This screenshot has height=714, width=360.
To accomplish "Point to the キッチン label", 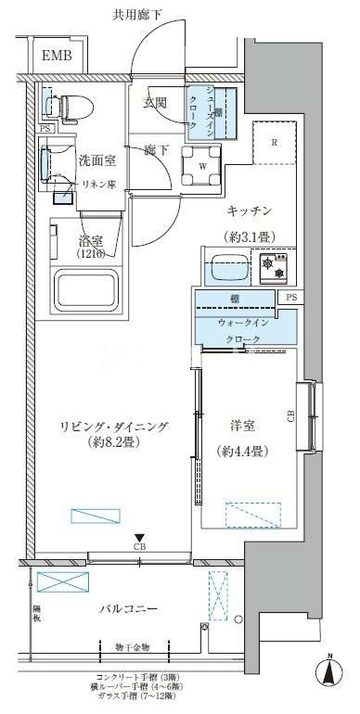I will pyautogui.click(x=249, y=212).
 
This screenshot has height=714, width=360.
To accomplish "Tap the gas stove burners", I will pyautogui.click(x=274, y=269).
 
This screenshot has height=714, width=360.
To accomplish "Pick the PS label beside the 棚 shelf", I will pyautogui.click(x=291, y=299).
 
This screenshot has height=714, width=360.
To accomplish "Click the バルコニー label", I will pyautogui.click(x=128, y=609).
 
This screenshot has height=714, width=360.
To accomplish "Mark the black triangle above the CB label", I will pyautogui.click(x=138, y=537).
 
